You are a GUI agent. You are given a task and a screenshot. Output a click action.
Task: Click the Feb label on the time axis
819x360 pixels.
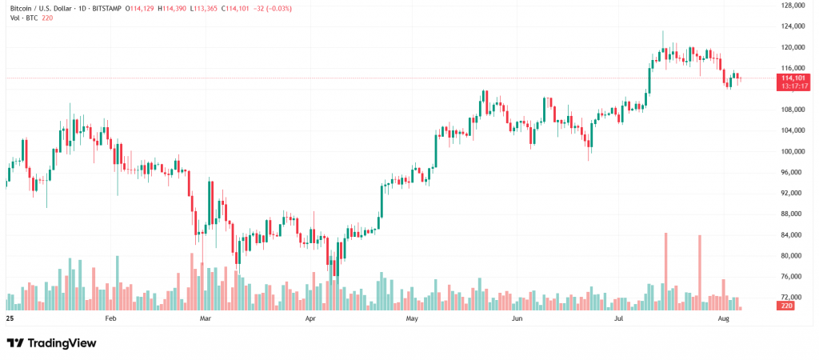click(110, 318)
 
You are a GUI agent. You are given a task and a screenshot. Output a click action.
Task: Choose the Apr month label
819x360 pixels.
click(310, 318)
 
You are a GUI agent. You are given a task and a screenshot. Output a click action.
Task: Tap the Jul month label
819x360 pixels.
click(618, 318)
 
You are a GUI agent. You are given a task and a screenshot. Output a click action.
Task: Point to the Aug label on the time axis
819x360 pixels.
click(724, 318)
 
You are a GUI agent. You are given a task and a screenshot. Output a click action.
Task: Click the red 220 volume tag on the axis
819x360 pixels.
click(786, 306)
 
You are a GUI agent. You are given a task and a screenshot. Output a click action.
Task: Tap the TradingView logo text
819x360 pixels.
click(62, 343)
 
